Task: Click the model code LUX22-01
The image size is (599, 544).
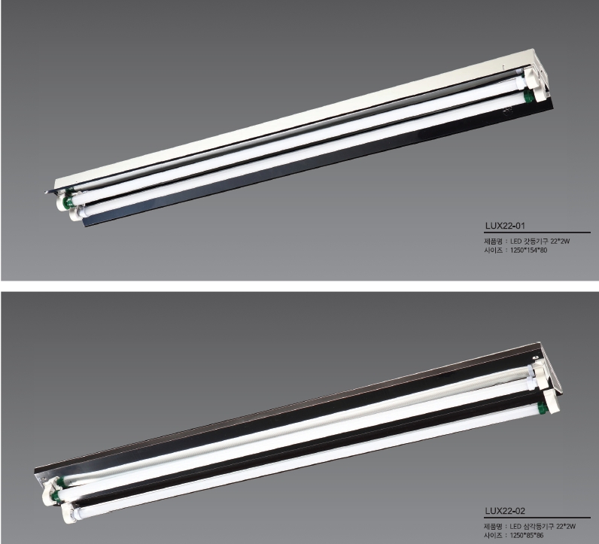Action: point(505,226)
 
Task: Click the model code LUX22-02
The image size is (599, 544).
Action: point(505,511)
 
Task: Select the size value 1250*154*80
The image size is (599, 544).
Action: point(529,251)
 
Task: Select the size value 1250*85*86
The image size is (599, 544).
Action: point(527,536)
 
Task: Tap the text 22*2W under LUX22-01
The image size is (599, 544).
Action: point(560,242)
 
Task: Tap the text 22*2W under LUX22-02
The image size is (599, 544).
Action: point(566,527)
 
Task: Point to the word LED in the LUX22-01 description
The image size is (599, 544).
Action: point(516,242)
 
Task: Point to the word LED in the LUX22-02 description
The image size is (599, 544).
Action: point(516,527)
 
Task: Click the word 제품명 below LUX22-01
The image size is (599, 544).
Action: point(493,242)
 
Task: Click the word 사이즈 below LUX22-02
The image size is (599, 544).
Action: point(493,536)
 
